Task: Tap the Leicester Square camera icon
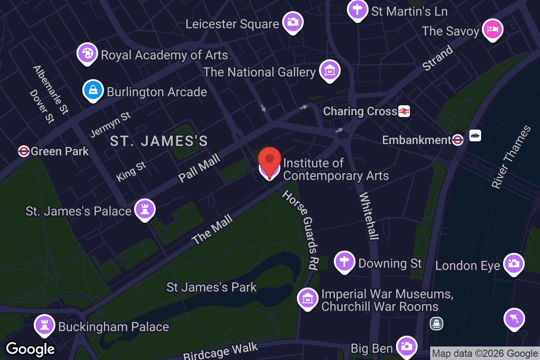[x=292, y=22]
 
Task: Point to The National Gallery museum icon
[x=330, y=70]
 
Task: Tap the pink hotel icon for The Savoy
[x=493, y=30]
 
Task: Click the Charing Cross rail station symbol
[x=404, y=111]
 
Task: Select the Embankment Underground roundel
[x=458, y=140]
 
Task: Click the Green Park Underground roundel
[x=24, y=151]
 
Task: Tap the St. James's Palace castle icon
[x=145, y=209]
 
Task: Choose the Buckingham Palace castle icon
[x=45, y=325]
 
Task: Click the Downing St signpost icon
[x=345, y=261]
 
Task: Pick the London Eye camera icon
[x=513, y=264]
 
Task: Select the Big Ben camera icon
[x=407, y=346]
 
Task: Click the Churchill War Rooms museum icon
[x=308, y=298]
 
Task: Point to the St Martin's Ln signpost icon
[x=358, y=9]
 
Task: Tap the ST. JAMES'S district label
[x=159, y=141]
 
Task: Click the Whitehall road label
[x=369, y=216]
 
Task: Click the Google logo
[x=30, y=349]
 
